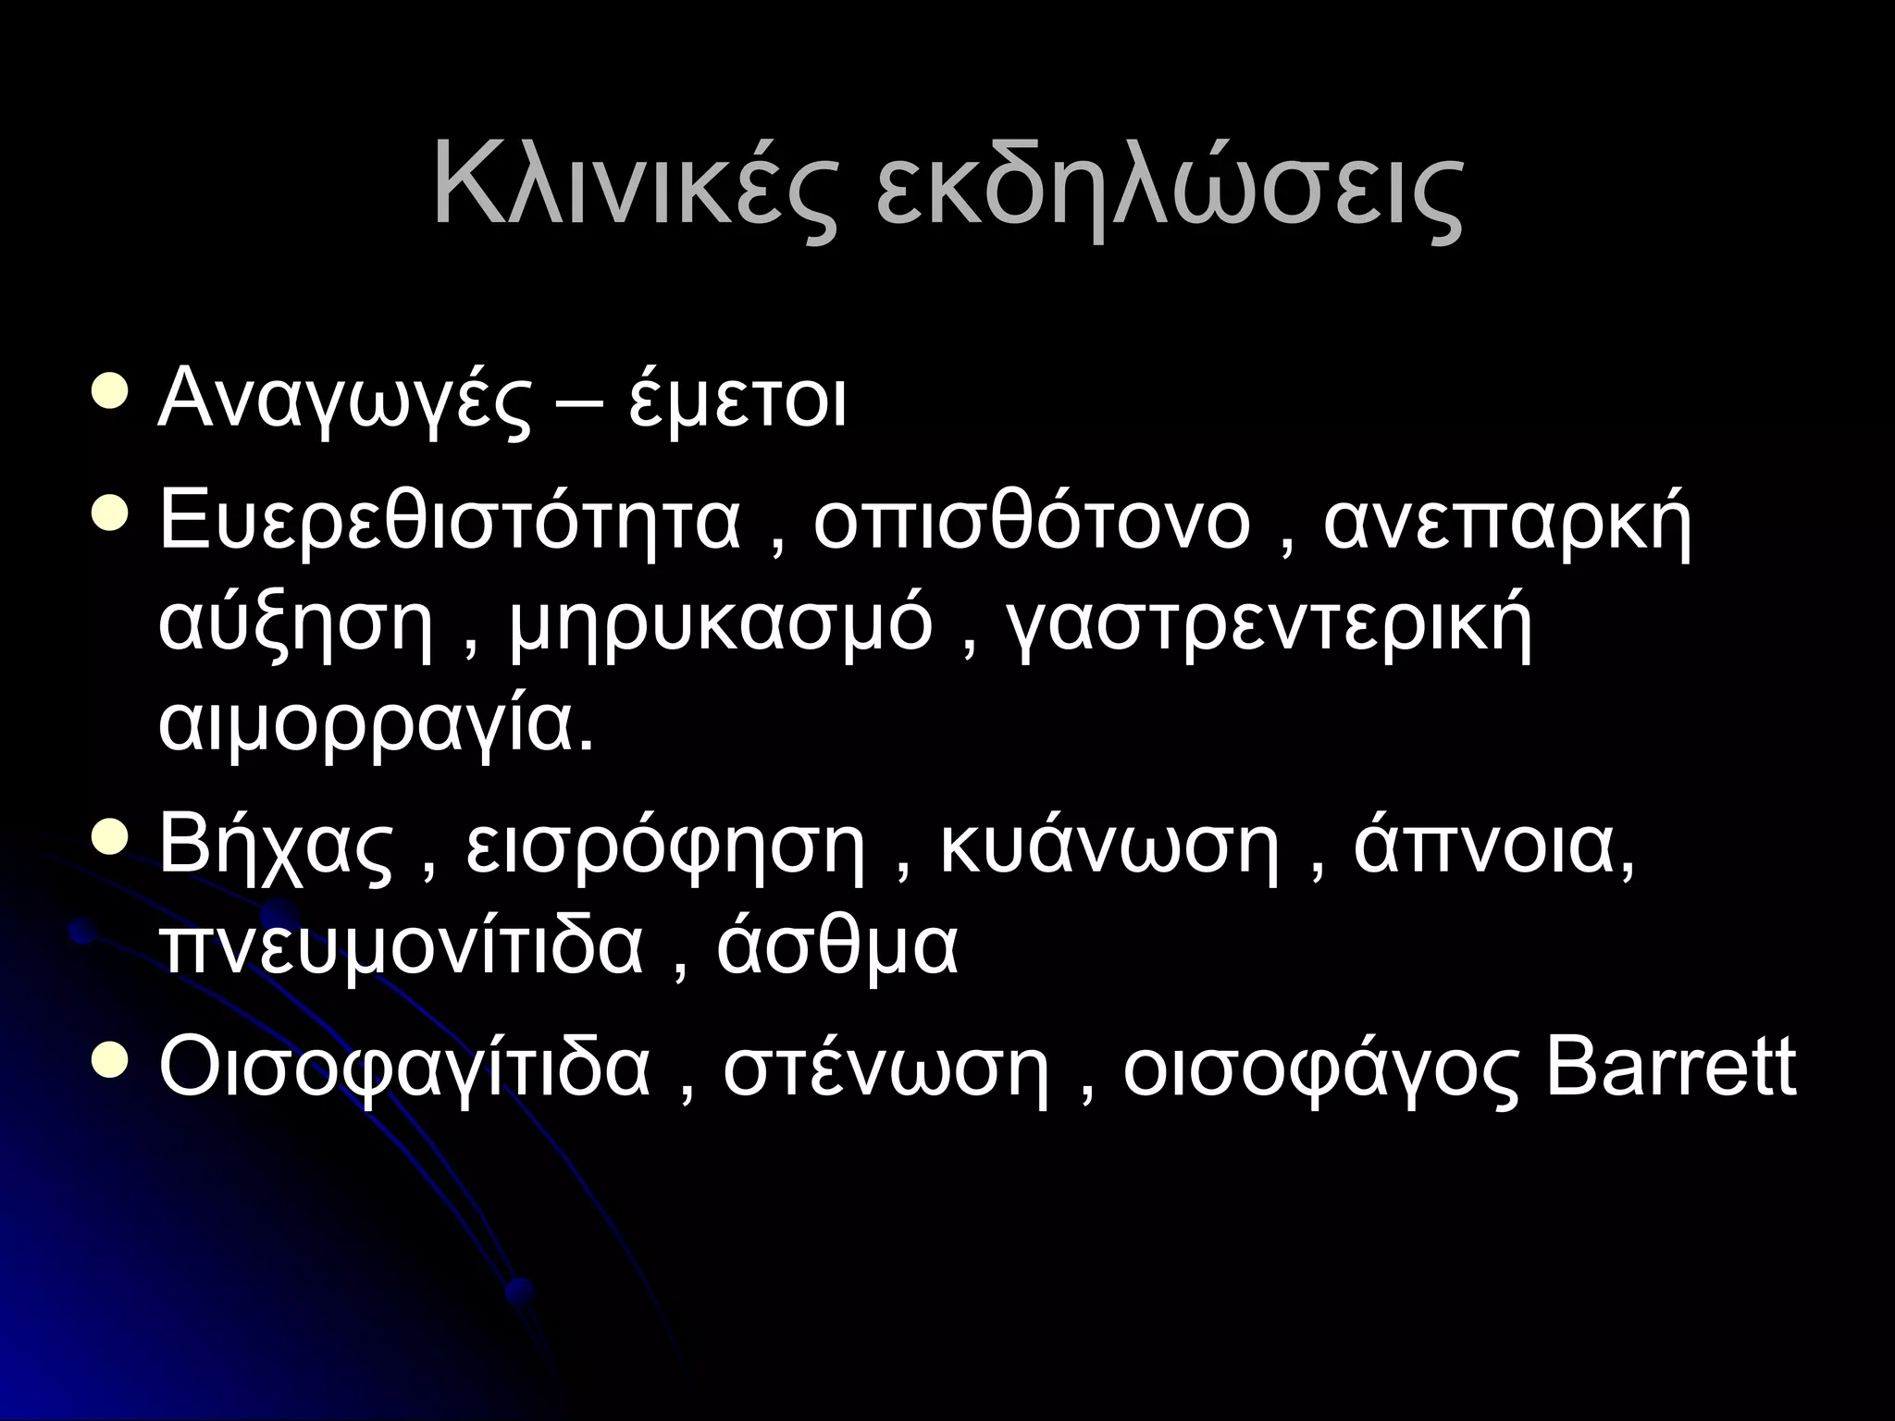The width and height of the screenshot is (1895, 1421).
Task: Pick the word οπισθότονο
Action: (1032, 523)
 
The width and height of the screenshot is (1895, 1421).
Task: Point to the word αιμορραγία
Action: (376, 727)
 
